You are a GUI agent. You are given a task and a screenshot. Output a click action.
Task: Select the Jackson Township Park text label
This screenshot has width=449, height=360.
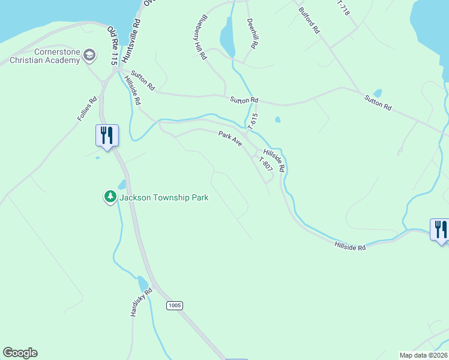tap(164, 197)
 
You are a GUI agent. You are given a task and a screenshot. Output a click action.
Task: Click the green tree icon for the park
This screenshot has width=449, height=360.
tap(110, 196)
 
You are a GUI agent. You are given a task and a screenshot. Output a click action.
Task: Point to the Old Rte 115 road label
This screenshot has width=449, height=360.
tap(112, 46)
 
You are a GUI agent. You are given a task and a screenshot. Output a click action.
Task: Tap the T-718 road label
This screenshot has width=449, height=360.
tap(343, 7)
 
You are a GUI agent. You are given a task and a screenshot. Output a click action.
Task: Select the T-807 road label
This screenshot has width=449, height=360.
tap(265, 166)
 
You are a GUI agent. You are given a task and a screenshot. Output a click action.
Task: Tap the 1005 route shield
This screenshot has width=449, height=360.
tap(174, 305)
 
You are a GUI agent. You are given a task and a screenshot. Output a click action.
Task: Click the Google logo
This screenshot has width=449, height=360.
tap(20, 353)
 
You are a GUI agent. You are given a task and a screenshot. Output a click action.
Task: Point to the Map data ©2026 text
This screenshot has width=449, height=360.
tap(424, 355)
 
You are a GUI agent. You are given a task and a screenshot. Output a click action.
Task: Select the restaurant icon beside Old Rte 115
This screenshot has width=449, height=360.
tap(107, 136)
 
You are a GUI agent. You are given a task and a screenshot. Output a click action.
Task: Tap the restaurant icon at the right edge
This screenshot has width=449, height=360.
tap(441, 230)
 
